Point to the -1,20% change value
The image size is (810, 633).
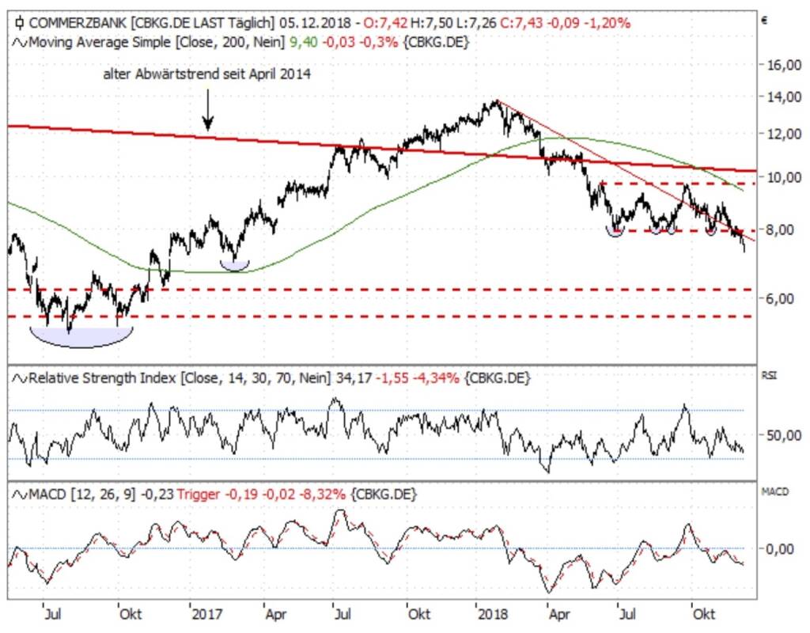609,23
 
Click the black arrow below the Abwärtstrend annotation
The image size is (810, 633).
207,111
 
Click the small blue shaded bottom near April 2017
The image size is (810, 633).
235,265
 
